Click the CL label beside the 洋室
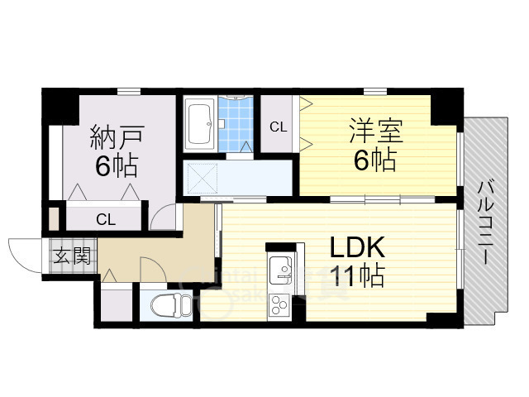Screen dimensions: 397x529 point(279,127)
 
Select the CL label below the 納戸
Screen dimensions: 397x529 point(105,219)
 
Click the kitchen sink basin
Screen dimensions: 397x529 point(279,272)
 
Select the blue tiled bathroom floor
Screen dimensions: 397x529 point(238,123)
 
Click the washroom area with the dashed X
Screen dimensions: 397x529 point(203,177)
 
